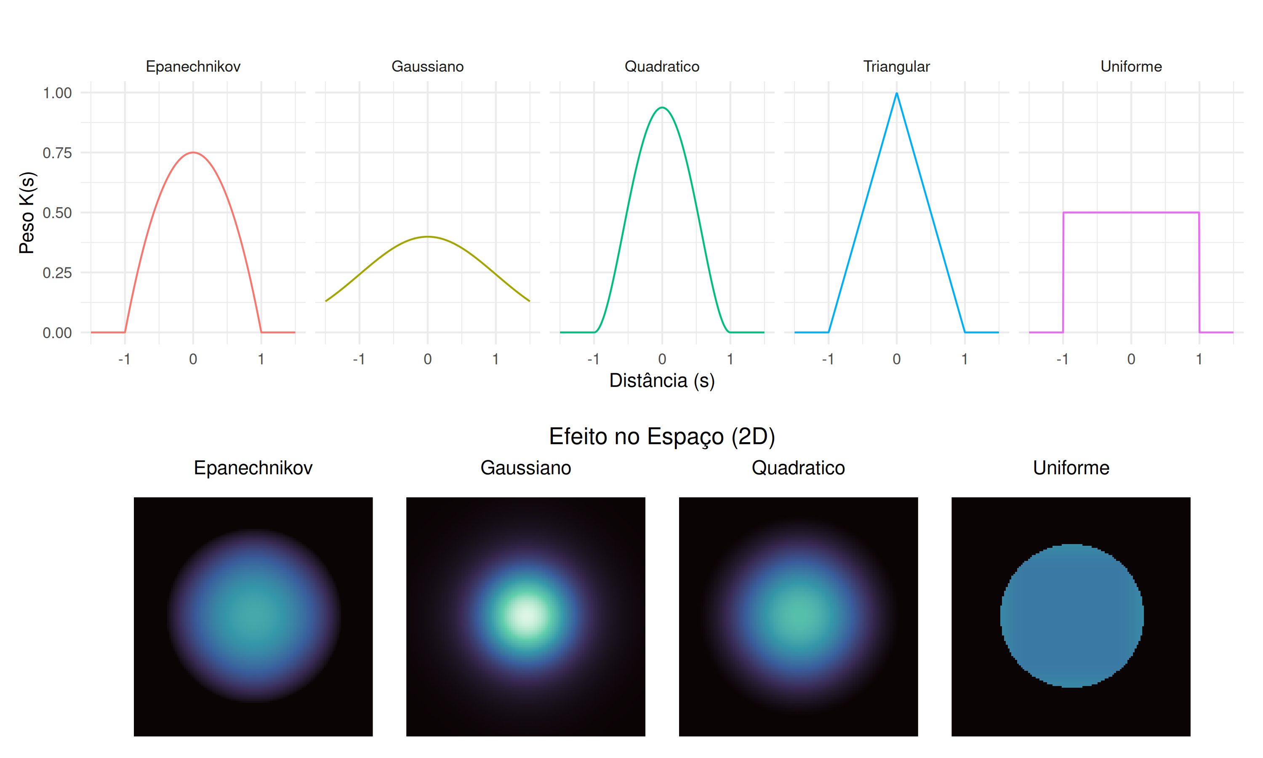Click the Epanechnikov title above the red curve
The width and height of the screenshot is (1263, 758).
point(193,67)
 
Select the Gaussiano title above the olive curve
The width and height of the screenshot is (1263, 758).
point(427,67)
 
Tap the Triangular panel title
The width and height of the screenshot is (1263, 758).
point(896,67)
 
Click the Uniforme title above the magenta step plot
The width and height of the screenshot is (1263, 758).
point(1131,67)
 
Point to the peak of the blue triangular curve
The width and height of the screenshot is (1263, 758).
point(896,93)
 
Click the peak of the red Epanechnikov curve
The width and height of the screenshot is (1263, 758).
point(193,152)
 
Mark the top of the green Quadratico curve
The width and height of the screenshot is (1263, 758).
point(662,107)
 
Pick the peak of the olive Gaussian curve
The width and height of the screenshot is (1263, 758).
point(428,237)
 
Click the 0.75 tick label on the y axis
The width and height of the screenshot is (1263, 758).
point(57,153)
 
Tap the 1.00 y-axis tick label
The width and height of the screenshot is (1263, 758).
point(57,93)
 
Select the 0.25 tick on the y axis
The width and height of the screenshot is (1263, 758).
point(57,273)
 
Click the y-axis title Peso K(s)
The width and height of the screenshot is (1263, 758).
point(27,213)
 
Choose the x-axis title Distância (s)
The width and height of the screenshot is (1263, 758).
point(662,381)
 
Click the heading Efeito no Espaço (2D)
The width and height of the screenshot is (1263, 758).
point(662,436)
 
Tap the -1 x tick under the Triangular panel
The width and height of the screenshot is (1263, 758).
point(828,359)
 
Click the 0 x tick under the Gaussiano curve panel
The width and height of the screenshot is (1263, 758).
point(428,359)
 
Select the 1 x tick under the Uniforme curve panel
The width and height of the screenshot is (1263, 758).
point(1199,359)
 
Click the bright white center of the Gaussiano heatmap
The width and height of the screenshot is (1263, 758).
point(526,615)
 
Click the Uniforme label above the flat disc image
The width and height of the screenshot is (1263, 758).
point(1071,468)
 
